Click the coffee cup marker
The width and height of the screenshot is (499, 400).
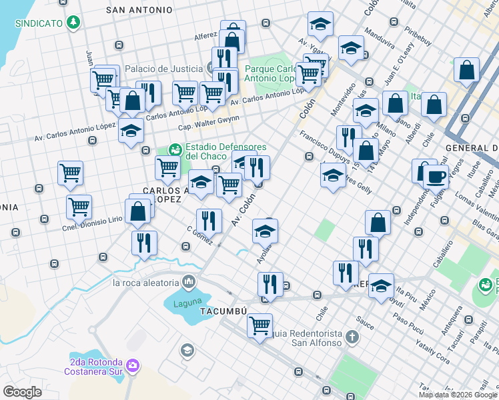(436, 177)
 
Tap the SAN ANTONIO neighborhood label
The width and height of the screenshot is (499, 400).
(139, 10)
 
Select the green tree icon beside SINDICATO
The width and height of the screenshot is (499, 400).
(73, 23)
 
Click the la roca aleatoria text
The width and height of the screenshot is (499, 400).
(146, 282)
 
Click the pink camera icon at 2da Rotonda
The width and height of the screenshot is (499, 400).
(133, 365)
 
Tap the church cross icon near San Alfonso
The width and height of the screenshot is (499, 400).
(352, 337)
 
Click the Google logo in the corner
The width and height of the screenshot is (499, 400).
(23, 391)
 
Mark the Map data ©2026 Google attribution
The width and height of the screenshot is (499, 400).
(458, 395)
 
